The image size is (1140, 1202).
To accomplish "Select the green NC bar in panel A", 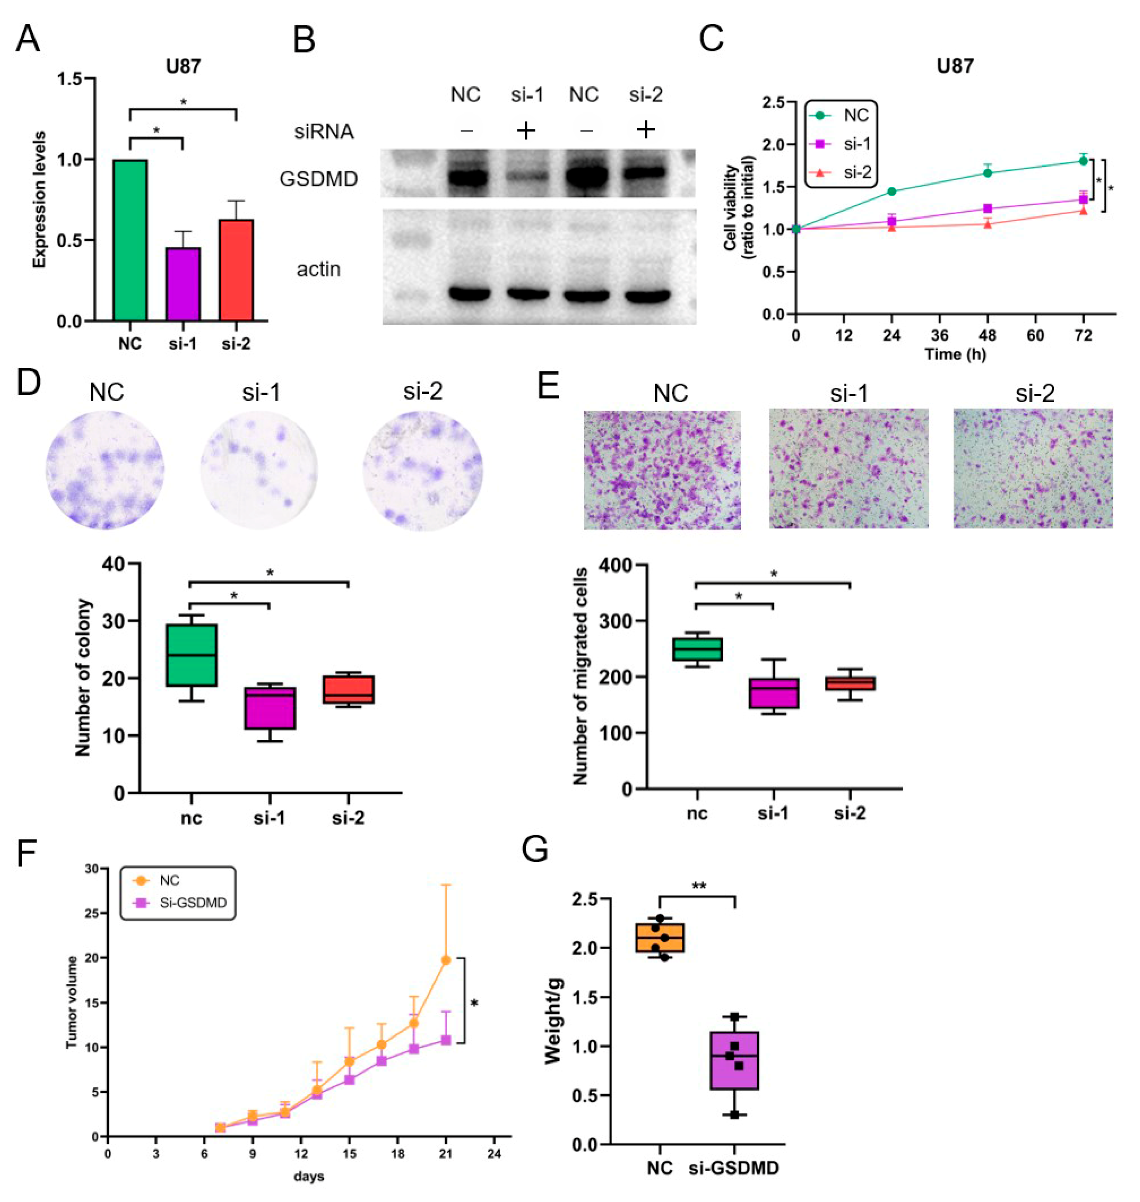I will (x=129, y=240).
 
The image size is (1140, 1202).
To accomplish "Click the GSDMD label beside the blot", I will (x=319, y=179).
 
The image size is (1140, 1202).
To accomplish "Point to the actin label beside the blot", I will (x=319, y=269).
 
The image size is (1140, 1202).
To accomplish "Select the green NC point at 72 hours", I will (x=1083, y=161).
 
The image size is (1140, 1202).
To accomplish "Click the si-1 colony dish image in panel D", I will (x=260, y=470).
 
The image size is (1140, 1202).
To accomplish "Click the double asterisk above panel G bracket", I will (x=699, y=886).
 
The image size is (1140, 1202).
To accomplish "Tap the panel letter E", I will (x=548, y=385).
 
